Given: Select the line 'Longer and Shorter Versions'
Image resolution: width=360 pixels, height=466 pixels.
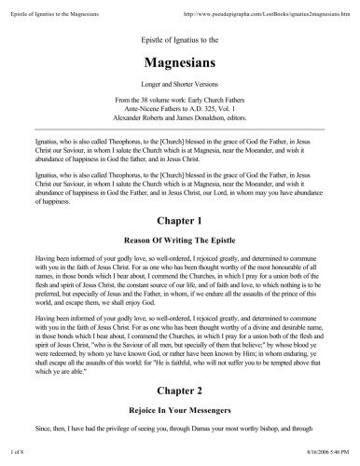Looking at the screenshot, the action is [179, 90].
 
